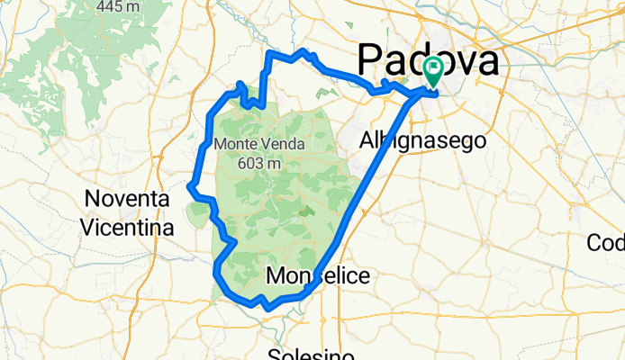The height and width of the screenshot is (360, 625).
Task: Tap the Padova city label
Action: click(428, 61)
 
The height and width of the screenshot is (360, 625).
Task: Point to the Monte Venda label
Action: click(259, 144)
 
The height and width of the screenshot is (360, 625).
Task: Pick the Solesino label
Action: click(314, 354)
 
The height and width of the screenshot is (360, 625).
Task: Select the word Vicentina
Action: click(125, 228)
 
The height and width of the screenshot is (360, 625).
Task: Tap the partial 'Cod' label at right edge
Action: click(606, 243)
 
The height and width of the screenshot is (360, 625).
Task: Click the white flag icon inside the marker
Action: click(434, 67)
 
